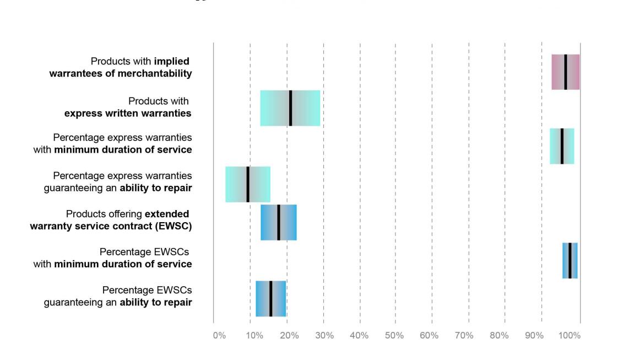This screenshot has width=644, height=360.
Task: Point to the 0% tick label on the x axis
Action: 219,335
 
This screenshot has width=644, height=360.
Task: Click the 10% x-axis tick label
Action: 254,335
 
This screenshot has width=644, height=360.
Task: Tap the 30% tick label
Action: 325,335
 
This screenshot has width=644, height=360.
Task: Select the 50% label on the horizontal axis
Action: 394,335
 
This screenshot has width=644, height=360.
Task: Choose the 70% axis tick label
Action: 464,335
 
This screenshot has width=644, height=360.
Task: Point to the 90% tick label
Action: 534,335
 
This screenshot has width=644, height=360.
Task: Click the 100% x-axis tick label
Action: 570,335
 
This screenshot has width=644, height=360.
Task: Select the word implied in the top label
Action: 171,61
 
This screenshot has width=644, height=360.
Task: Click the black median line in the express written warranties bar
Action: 290,108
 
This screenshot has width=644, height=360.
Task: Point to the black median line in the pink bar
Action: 565,72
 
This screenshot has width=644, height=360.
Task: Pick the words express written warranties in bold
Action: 128,114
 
